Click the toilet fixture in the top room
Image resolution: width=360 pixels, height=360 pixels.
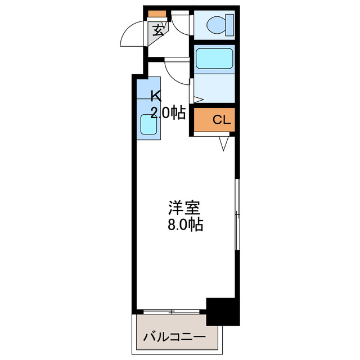click(216, 25)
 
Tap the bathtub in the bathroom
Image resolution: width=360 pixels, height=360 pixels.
click(214, 58)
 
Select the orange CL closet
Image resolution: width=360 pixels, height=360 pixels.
click(213, 119)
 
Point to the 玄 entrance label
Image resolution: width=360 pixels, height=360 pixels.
click(159, 30)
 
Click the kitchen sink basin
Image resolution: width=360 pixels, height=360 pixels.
click(148, 123)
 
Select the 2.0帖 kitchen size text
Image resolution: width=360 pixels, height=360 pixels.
click(168, 112)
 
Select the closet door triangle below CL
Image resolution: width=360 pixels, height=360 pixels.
click(223, 145)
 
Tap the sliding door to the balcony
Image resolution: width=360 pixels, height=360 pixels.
click(171, 311)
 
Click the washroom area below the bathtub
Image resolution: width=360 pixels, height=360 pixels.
click(214, 88)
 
